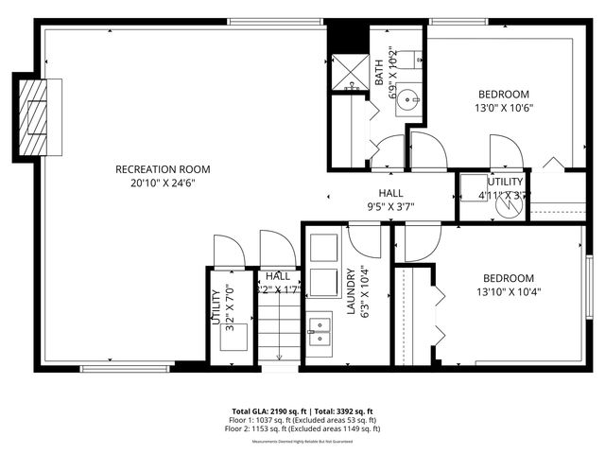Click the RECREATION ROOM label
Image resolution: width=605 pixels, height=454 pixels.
[x=163, y=169]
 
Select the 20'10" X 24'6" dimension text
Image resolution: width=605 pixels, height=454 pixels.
[x=163, y=184]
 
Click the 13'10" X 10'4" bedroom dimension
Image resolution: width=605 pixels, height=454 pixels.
[x=509, y=292]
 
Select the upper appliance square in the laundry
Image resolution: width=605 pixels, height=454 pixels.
[x=323, y=246]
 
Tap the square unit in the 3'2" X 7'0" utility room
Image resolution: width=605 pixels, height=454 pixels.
[x=234, y=337]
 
